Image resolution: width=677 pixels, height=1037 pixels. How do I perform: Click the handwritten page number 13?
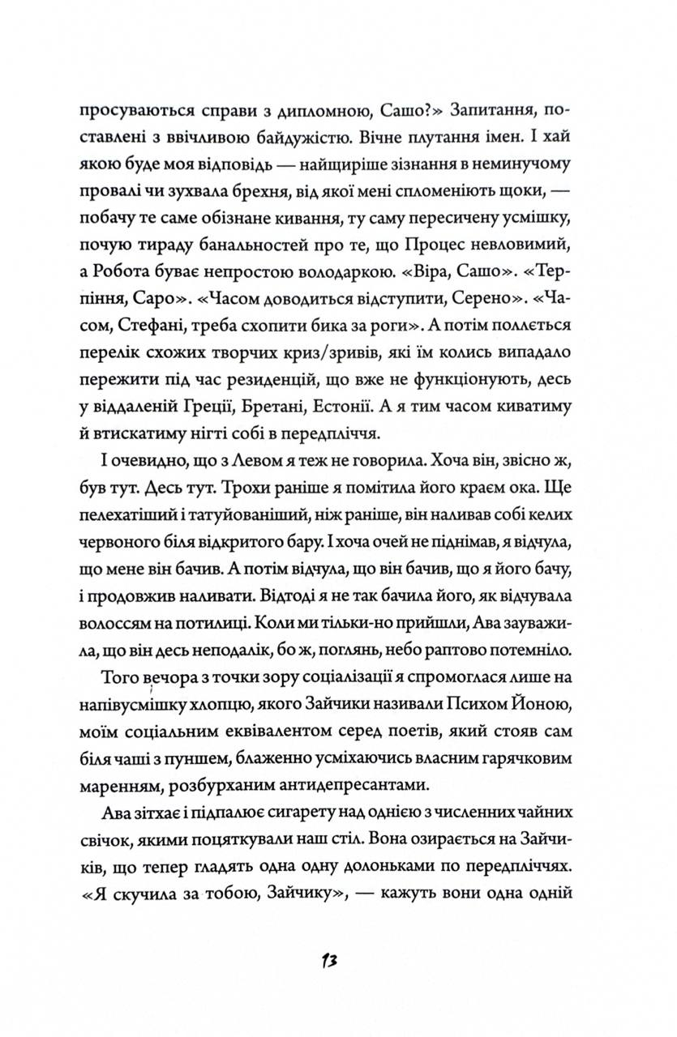(x=328, y=961)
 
